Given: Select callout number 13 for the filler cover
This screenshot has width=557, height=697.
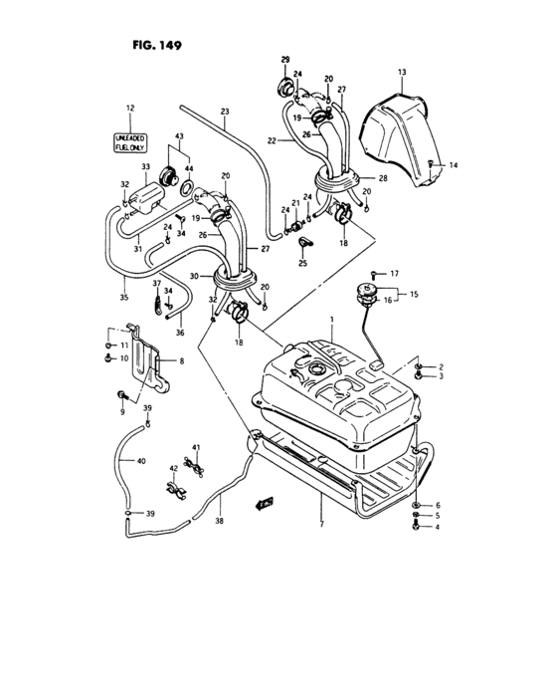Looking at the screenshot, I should click(x=403, y=73).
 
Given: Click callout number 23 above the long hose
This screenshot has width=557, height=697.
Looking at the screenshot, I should click(x=224, y=111).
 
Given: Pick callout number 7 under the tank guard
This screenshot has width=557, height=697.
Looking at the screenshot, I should click(x=321, y=523).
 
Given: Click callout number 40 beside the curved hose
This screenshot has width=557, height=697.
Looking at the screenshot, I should click(x=140, y=462).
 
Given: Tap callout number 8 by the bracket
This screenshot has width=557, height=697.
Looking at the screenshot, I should click(x=181, y=362).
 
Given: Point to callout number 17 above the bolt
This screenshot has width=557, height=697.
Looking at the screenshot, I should click(x=393, y=273).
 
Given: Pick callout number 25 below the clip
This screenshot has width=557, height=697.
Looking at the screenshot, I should click(x=303, y=266).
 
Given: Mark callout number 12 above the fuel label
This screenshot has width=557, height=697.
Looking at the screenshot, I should click(x=129, y=108).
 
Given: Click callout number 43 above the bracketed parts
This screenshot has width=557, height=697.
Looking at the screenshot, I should click(x=180, y=135).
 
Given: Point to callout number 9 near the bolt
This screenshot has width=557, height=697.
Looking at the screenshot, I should click(x=123, y=410).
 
